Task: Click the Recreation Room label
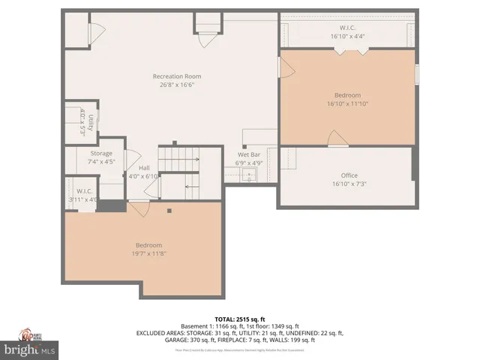tap(176, 76)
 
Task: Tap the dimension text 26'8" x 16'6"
tap(176, 85)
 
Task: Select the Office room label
tap(349, 175)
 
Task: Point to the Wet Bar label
tap(249, 154)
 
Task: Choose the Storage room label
tap(101, 153)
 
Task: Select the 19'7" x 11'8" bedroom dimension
tap(148, 253)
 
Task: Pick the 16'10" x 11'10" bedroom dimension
tap(347, 103)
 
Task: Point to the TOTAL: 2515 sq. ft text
tap(239, 317)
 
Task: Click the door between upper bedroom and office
tap(337, 138)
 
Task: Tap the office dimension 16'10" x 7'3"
tap(349, 184)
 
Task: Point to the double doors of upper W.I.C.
tap(350, 50)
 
